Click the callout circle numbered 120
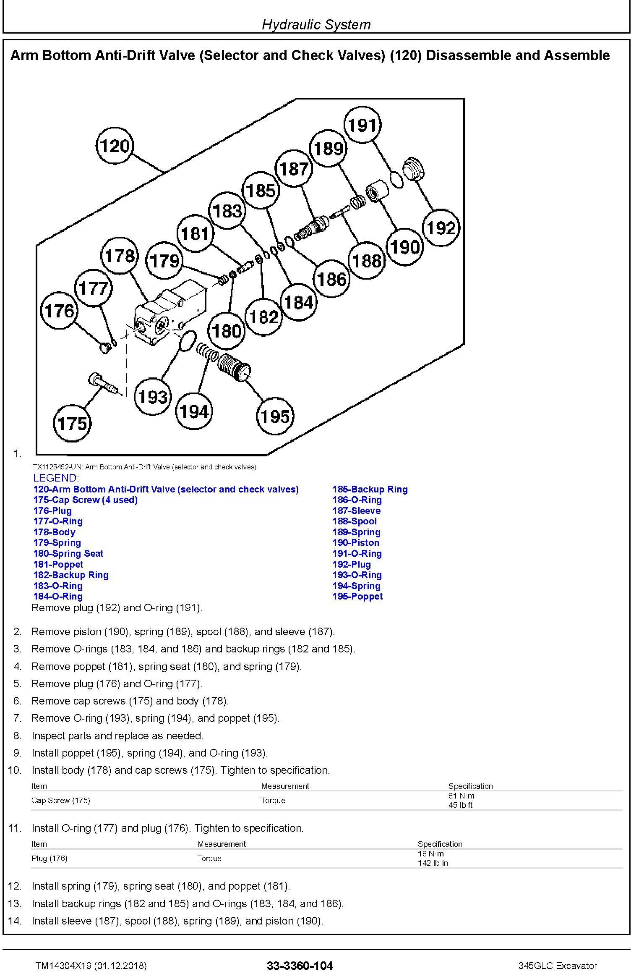(x=115, y=146)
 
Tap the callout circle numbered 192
(x=441, y=228)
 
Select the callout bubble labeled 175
(x=73, y=423)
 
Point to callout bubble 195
(x=275, y=416)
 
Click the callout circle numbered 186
(x=332, y=279)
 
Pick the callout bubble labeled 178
(x=120, y=256)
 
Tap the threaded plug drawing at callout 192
(x=413, y=169)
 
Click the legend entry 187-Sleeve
(x=356, y=511)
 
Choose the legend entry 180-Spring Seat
(x=68, y=553)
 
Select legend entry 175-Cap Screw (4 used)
(x=85, y=500)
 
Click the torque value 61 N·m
(x=462, y=796)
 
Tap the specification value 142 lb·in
(x=433, y=863)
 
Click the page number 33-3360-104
(x=300, y=966)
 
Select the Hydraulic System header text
(x=316, y=24)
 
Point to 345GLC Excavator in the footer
(x=557, y=966)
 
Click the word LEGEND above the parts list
(x=55, y=478)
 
